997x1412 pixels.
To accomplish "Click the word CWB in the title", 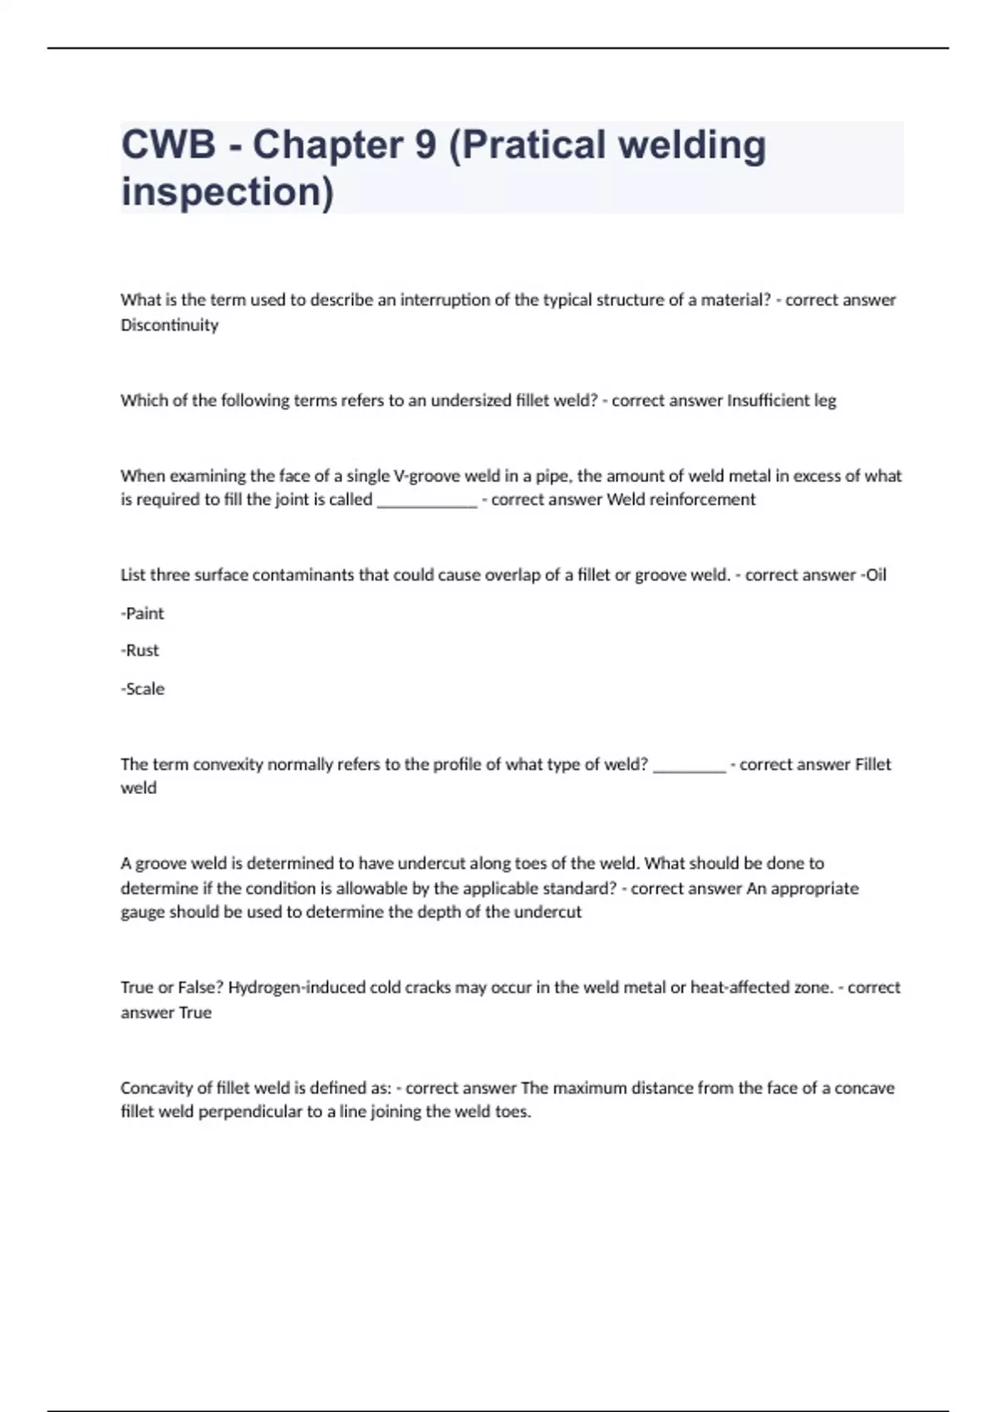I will pyautogui.click(x=169, y=145).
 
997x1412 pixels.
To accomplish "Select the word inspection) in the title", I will pyautogui.click(x=228, y=192).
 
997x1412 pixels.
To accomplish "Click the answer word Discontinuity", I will pyautogui.click(x=169, y=325).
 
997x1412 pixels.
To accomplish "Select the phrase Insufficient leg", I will pyautogui.click(x=781, y=400).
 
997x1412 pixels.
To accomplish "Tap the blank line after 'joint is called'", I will pyautogui.click(x=427, y=500).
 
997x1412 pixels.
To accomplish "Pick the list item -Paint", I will pyautogui.click(x=143, y=613).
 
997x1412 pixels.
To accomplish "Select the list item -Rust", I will pyautogui.click(x=140, y=650).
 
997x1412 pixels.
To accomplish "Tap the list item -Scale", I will pyautogui.click(x=143, y=689).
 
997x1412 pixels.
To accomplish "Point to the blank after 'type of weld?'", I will pyautogui.click(x=690, y=765).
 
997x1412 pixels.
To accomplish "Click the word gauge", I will pyautogui.click(x=142, y=912).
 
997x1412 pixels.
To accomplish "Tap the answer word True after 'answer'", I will pyautogui.click(x=195, y=1012).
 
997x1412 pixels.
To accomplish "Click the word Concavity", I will pyautogui.click(x=155, y=1088).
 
